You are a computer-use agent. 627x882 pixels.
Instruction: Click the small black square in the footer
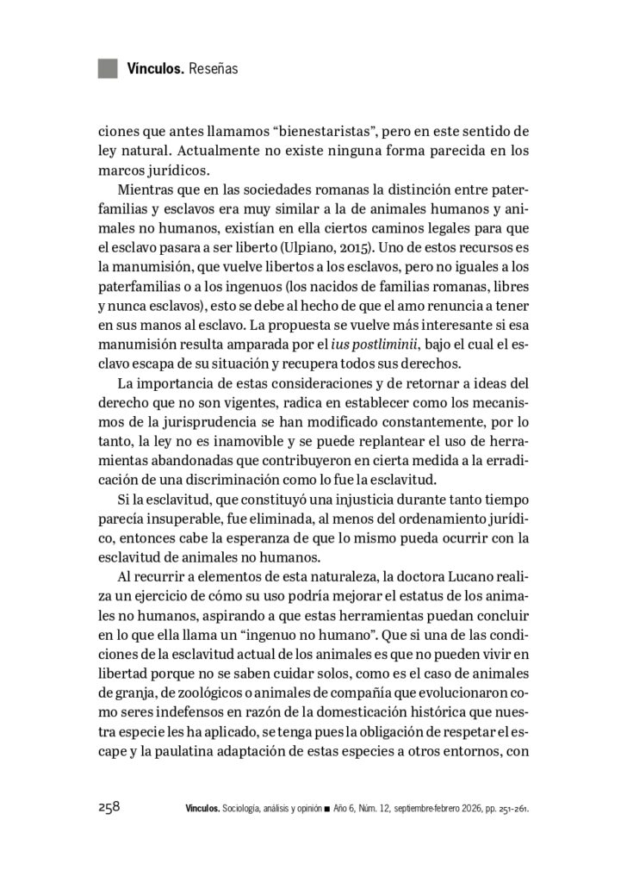[327, 810]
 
